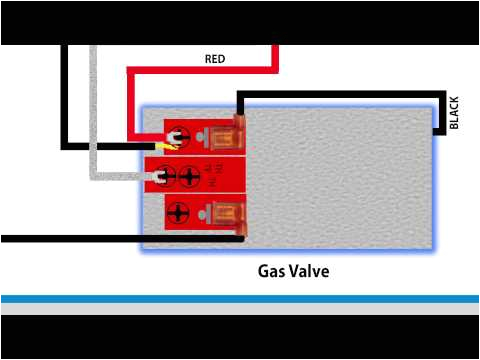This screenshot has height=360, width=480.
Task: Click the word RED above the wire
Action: (215, 59)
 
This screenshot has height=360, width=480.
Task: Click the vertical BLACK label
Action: (454, 112)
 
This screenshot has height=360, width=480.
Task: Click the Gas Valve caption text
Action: (293, 271)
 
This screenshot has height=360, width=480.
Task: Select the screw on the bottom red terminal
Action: (179, 213)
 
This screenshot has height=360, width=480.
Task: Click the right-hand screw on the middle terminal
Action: (190, 175)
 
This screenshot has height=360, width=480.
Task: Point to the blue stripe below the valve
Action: (240, 299)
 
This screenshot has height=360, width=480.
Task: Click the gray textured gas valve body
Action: (340, 180)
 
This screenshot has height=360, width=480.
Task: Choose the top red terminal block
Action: (205, 135)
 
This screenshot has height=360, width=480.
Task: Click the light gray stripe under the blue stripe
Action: (240, 309)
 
